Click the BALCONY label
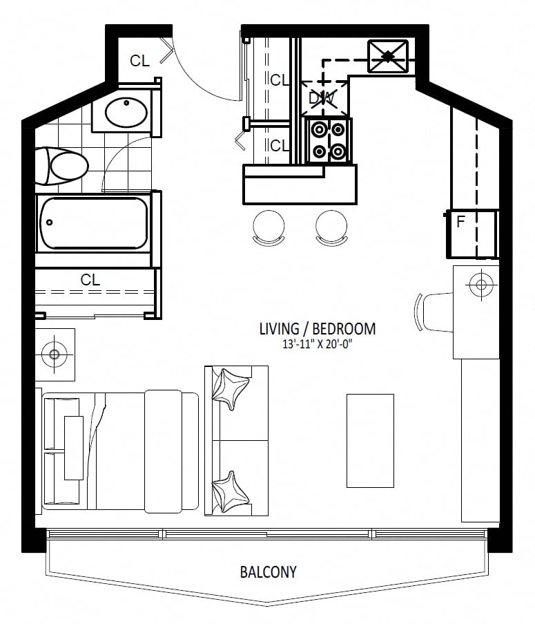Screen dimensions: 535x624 coord(269,572)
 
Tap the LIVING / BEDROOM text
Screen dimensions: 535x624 coord(317,329)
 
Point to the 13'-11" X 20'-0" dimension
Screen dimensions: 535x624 coord(318,344)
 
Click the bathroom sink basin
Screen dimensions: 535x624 coord(126,113)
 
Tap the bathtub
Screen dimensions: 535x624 coord(93,223)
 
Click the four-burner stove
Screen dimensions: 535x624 coord(329,140)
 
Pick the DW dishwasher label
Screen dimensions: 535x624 coord(322,98)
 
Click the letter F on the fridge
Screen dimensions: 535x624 coord(460,222)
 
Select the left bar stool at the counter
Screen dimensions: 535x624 coord(269,227)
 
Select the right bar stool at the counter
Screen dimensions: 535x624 coord(331,227)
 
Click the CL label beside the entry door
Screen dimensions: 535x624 coord(139,61)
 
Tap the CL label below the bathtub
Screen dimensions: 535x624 coord(90,280)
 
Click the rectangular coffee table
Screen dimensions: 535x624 coord(370,441)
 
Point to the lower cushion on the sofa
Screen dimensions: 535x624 coord(230,492)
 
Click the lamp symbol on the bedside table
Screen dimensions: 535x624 coord(55,354)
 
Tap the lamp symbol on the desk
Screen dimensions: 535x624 coord(481,284)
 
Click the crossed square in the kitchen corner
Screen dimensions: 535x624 coord(387,56)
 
